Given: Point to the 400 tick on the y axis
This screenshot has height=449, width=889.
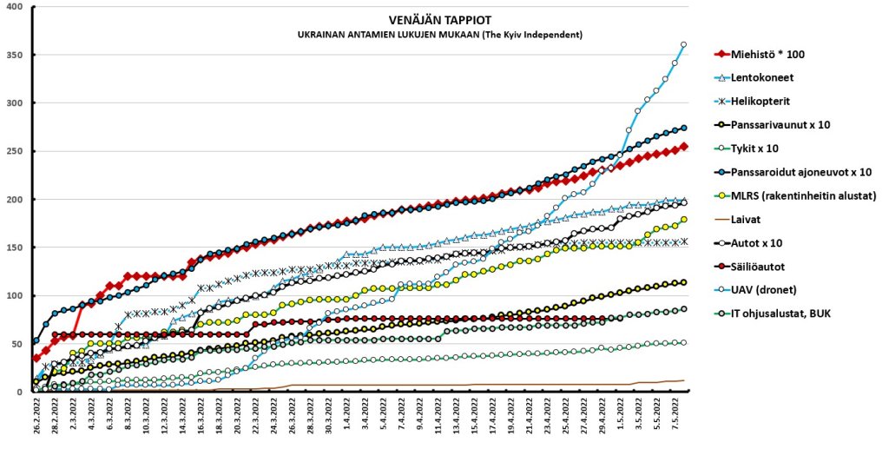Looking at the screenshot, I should point(18,7).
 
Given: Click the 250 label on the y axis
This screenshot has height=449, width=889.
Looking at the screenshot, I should point(18,151).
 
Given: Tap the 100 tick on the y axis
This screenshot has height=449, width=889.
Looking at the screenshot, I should point(18,295).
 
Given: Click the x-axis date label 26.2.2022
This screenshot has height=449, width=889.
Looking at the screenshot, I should point(36,420).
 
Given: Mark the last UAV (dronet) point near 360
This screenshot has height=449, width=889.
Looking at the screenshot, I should point(683,44).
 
